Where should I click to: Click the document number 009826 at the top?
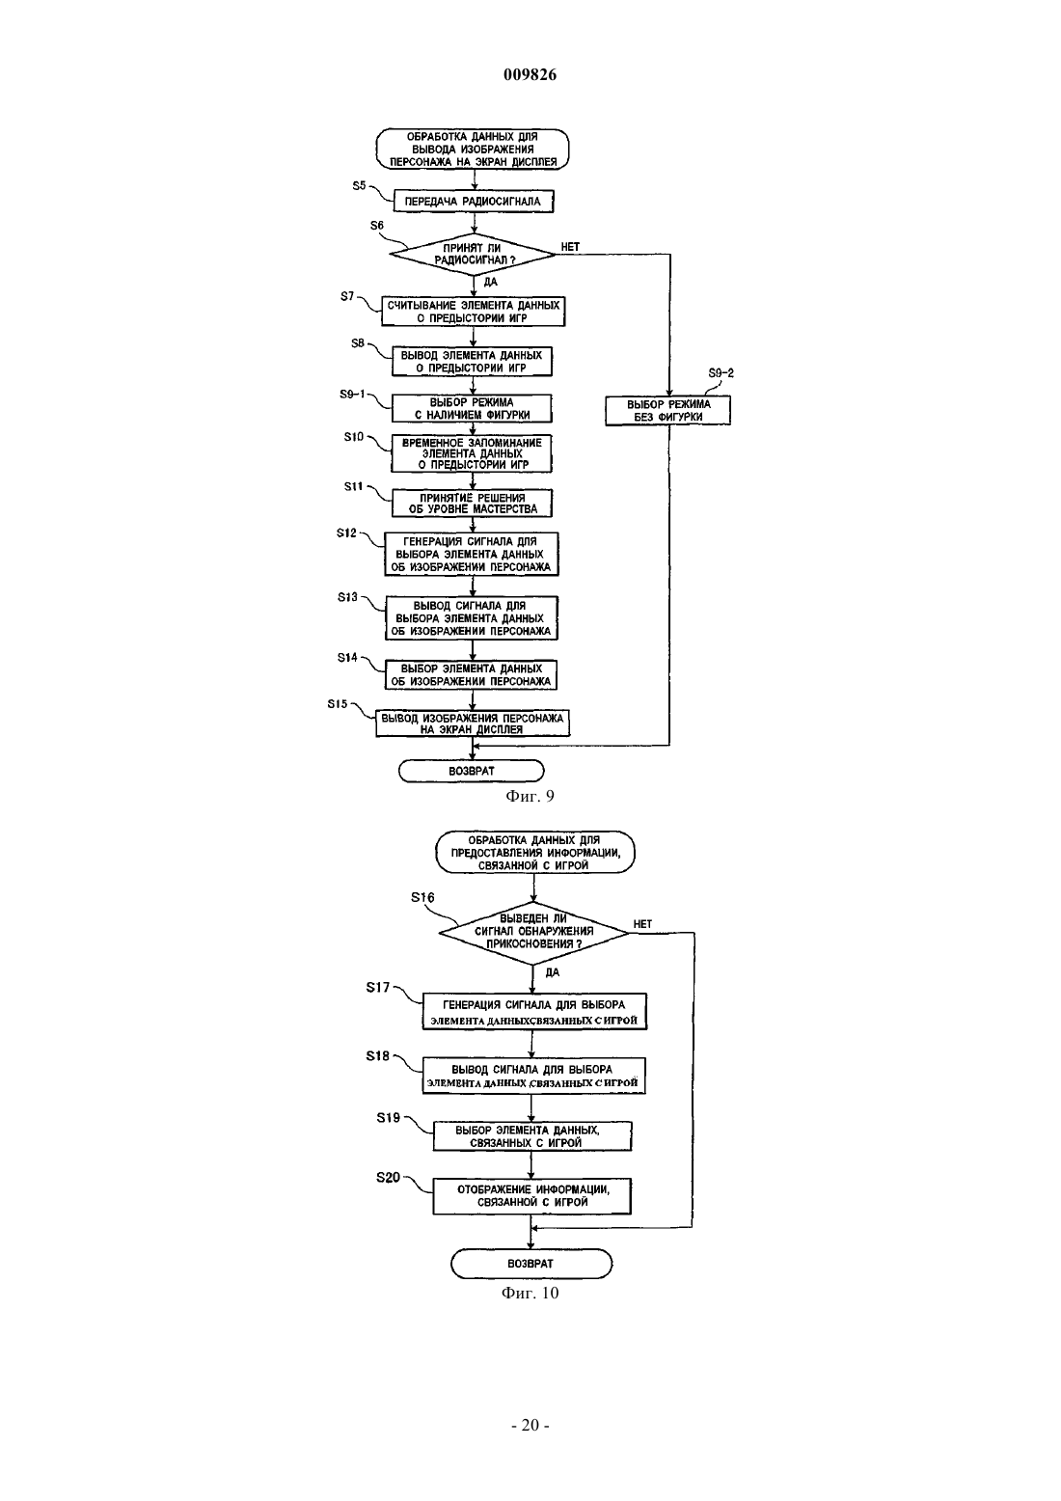click(530, 74)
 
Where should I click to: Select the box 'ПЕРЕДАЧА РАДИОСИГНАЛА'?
click(474, 201)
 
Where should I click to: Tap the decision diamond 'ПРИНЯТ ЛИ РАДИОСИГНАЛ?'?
click(473, 254)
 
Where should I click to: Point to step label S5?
click(360, 185)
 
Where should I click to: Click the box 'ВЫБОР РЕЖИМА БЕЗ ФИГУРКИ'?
click(667, 411)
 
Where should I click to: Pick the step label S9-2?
click(721, 372)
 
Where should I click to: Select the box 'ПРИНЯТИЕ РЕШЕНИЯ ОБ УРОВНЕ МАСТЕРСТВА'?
click(473, 504)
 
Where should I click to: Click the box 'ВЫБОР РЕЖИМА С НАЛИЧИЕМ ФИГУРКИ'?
click(472, 408)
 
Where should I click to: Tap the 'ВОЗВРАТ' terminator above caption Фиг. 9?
click(472, 771)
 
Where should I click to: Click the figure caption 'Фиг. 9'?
click(530, 796)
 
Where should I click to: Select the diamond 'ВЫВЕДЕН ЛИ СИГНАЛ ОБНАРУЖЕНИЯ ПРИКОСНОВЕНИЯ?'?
click(533, 932)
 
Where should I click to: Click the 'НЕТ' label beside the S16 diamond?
click(642, 923)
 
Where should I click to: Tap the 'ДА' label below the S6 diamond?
click(490, 282)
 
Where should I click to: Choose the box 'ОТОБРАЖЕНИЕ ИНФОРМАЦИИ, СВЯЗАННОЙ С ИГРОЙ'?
click(532, 1195)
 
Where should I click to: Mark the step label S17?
click(378, 987)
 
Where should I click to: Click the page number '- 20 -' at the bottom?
click(530, 1425)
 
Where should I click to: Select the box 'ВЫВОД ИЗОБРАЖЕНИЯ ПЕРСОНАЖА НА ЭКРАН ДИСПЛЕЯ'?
click(473, 723)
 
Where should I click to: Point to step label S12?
click(347, 532)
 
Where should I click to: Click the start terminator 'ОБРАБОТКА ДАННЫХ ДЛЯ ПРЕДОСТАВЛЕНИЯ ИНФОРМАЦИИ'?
click(534, 853)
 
